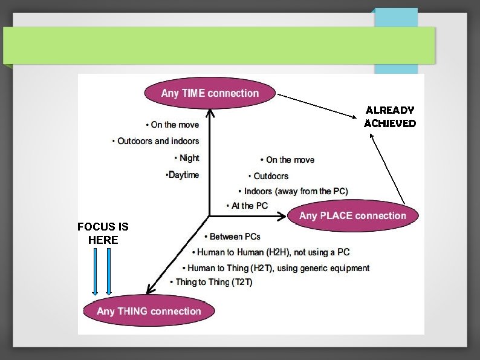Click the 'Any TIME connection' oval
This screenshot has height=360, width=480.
point(210,93)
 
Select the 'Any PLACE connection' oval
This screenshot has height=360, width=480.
point(352,216)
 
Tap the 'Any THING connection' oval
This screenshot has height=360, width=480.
point(149,311)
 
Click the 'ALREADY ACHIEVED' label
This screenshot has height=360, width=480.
point(390,117)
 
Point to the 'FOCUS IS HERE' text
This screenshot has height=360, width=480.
point(103,233)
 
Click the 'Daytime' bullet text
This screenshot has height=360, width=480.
point(182,175)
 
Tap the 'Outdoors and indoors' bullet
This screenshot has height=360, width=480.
point(156,141)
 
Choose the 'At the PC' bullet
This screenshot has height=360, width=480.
point(247,206)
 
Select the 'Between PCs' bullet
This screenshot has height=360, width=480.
point(233,237)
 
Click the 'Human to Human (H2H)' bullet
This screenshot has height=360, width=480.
point(271,252)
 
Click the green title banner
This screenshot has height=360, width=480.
point(219,45)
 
